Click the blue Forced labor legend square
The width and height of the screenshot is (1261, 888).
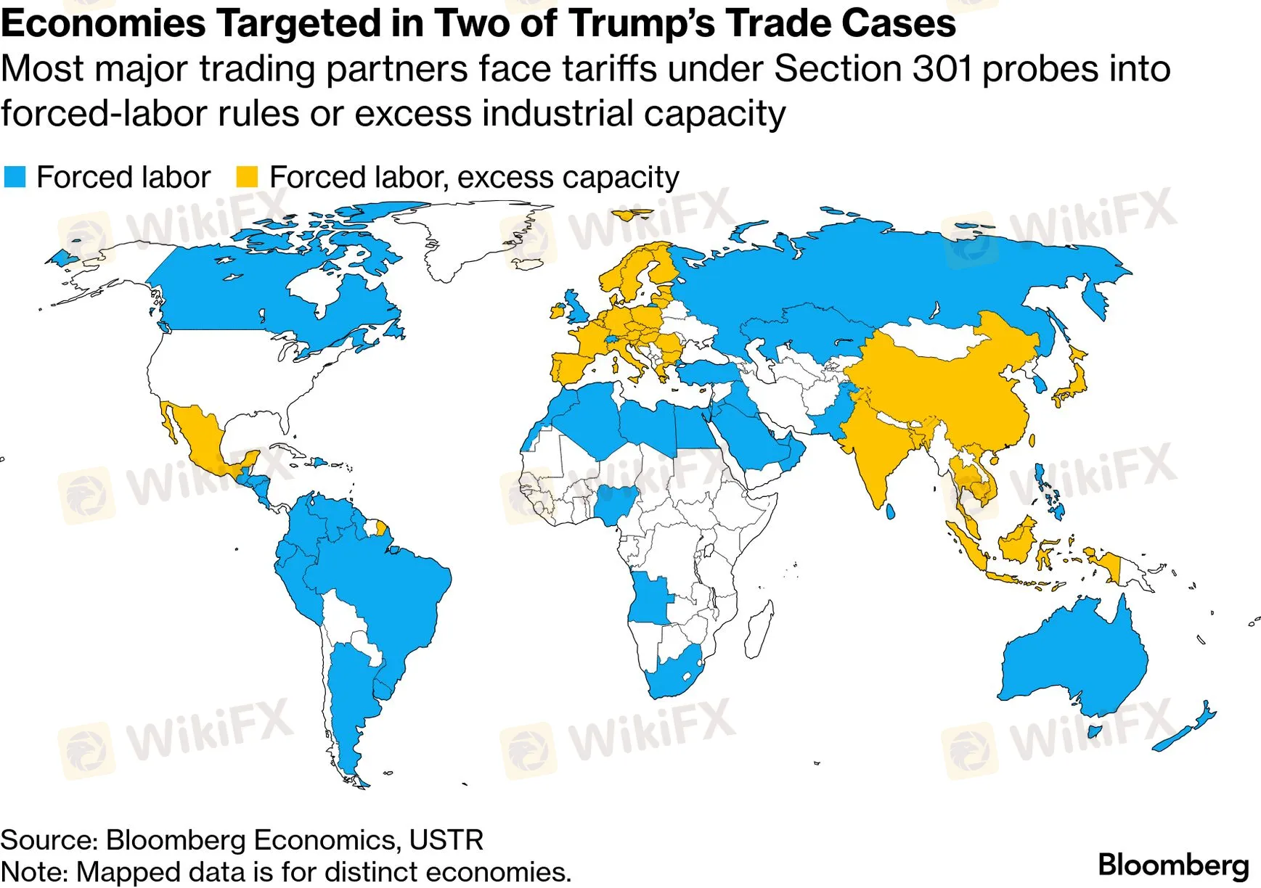[15, 176]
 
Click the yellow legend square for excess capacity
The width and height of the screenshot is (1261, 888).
[248, 176]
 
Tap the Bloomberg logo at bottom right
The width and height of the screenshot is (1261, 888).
[1173, 866]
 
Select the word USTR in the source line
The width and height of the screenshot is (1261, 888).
[446, 839]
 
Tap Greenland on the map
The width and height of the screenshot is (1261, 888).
[465, 232]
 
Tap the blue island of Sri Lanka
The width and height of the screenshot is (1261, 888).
[891, 511]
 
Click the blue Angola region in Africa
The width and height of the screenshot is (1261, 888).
[650, 599]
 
